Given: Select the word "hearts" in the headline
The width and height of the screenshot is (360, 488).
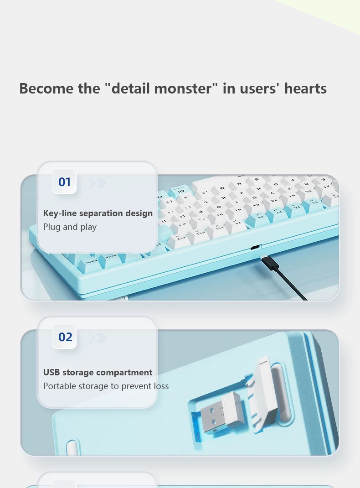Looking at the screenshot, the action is click(x=305, y=88).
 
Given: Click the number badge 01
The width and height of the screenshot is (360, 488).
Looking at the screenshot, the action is click(x=64, y=182).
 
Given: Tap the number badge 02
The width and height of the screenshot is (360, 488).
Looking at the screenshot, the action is click(x=65, y=337).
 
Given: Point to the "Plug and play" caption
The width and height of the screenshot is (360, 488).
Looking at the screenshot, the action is click(x=70, y=227).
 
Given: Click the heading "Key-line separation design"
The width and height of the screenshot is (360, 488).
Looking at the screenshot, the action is click(x=98, y=213).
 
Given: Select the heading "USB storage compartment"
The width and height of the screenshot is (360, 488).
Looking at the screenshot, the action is click(x=98, y=372).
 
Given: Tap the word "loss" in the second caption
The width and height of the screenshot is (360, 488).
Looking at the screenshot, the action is click(x=160, y=386).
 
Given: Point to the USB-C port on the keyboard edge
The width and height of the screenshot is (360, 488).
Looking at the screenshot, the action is click(x=255, y=248).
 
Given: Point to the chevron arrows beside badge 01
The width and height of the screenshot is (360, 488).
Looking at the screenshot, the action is click(x=98, y=183).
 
